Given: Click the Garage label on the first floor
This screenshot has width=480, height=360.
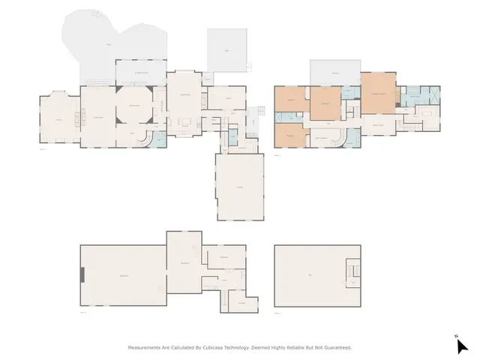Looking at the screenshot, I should (239, 187).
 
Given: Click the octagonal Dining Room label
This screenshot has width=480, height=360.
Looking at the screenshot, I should (135, 106).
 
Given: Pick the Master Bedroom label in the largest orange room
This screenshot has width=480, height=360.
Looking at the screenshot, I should (379, 93).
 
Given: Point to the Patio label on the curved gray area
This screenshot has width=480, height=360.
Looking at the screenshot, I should (109, 45).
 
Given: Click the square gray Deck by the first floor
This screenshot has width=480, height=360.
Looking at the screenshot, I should (226, 51).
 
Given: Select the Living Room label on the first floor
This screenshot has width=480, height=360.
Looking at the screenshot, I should (97, 116).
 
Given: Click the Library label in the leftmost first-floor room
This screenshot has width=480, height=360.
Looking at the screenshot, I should (58, 119).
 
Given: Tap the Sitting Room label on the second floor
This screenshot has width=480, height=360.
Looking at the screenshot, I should (379, 124).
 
